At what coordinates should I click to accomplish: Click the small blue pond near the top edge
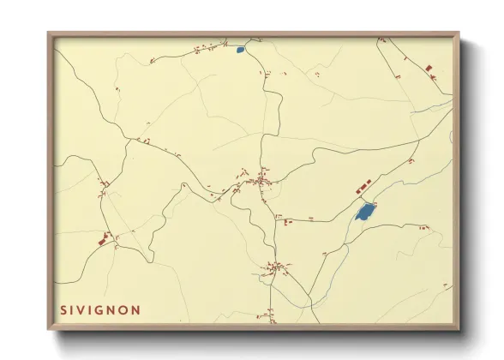[x=241, y=50]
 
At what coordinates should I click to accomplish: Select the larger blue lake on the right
[x=365, y=211]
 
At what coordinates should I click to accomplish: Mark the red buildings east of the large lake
[x=423, y=227]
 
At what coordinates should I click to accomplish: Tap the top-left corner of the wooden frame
[x=50, y=34]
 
